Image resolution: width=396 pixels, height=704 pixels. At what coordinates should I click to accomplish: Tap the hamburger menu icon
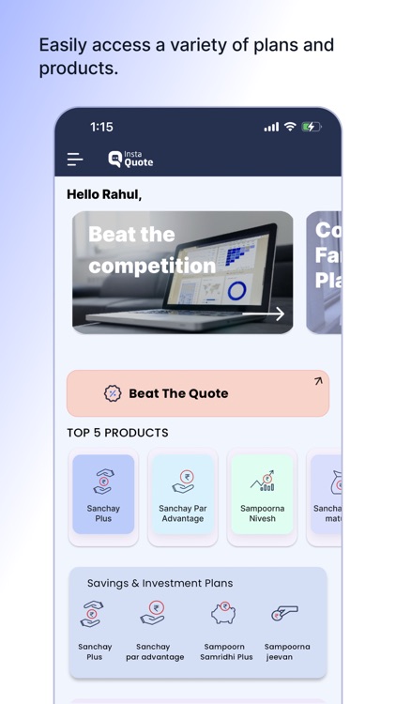point(75,160)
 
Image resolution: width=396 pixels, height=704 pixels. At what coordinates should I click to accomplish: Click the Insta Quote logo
point(130,160)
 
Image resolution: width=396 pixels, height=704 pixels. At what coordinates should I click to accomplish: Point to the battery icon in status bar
point(312,127)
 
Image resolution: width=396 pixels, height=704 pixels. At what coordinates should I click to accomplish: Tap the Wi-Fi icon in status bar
point(290,127)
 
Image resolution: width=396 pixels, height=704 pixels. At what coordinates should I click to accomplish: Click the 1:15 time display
point(101,127)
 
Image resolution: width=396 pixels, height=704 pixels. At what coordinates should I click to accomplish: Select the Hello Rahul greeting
point(104,194)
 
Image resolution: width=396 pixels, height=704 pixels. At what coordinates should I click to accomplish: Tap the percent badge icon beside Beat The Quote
point(113,393)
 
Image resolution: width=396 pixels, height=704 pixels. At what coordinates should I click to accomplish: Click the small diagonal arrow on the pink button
point(317,381)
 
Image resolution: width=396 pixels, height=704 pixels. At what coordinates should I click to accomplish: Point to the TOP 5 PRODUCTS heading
point(117,433)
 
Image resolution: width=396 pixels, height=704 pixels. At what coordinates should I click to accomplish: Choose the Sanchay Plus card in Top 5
point(103,495)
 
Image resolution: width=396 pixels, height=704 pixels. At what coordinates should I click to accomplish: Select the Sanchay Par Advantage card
point(182,495)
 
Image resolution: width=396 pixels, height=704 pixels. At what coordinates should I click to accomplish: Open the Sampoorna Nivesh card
point(262,495)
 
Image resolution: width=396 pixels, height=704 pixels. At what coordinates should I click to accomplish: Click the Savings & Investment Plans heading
point(160,583)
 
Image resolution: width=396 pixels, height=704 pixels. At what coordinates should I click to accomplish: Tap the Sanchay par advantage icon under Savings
point(153,614)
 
